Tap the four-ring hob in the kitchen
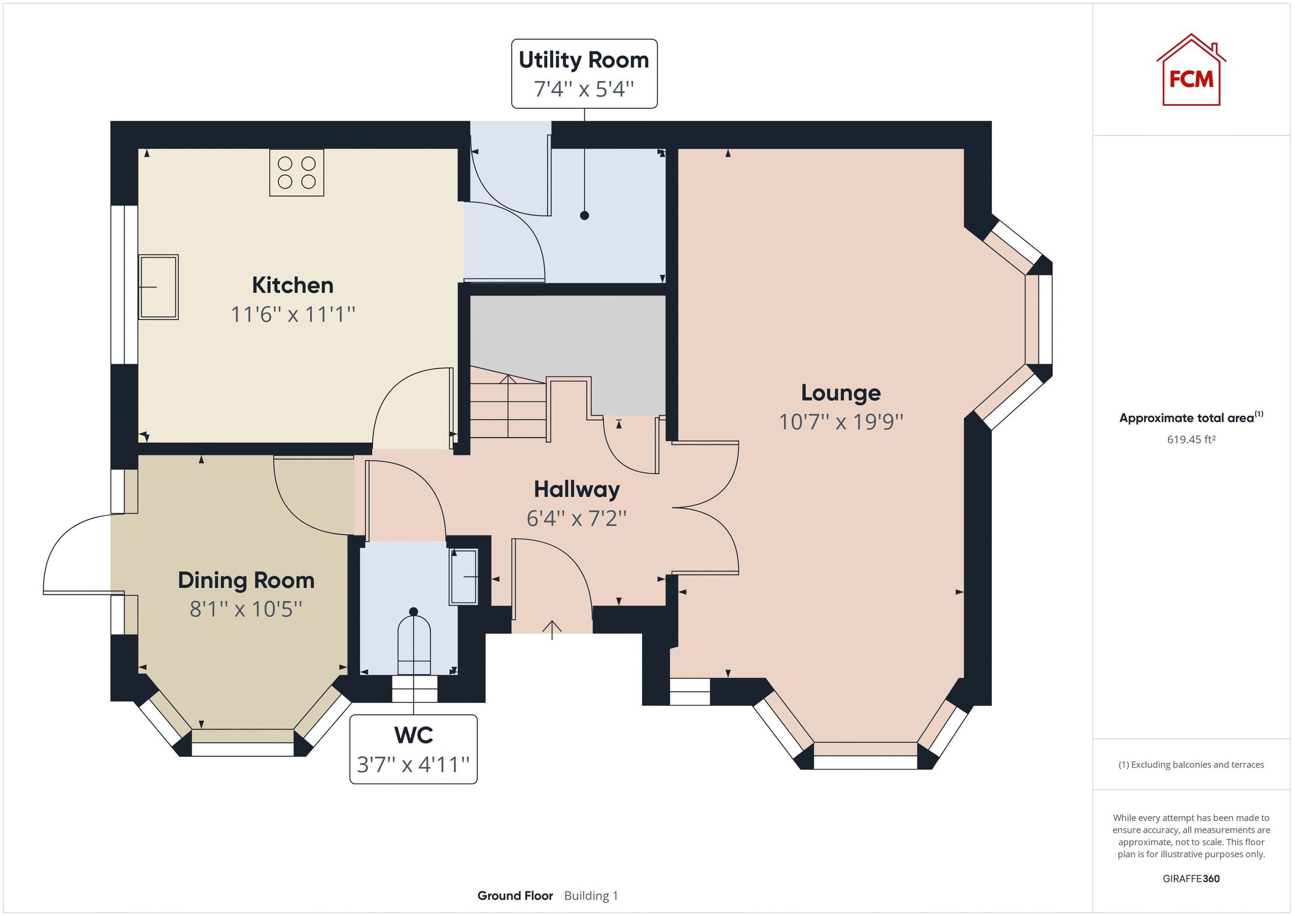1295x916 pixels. coord(297,173)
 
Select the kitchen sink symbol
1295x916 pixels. coord(159,287)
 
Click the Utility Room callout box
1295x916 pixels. coord(584,73)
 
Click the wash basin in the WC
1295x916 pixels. coord(464,577)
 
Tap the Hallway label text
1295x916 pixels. coord(576,490)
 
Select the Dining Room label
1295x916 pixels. coord(246,580)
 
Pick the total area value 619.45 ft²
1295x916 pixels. coord(1191,439)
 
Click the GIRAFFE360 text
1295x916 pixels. coord(1191,878)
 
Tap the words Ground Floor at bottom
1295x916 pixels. coord(514,896)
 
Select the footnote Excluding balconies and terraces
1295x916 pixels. coord(1191,765)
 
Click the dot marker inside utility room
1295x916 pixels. coord(584,215)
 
